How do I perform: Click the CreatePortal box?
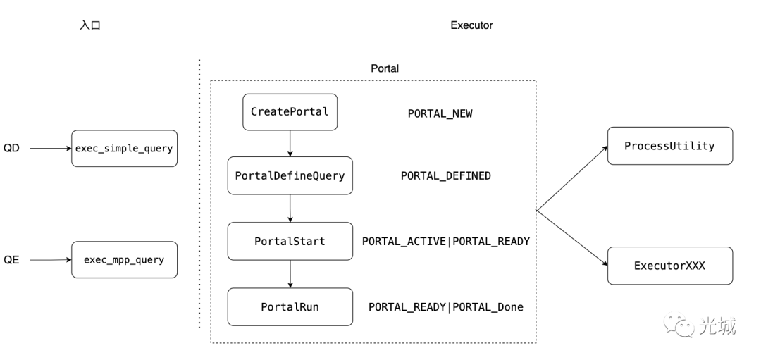(290, 112)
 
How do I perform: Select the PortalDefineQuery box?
(290, 175)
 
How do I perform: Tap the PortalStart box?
(290, 241)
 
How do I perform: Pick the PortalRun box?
(290, 306)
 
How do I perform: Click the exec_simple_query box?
(124, 149)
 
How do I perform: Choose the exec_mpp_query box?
(124, 259)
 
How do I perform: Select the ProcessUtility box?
(669, 146)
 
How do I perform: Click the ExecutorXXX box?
(669, 266)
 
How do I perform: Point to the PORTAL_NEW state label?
(440, 113)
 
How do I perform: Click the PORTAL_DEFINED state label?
(445, 175)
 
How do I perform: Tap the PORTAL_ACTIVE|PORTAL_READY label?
(445, 241)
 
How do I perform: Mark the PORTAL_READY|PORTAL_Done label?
(445, 306)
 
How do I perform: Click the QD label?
(11, 149)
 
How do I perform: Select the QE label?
(11, 260)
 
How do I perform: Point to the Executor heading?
(471, 25)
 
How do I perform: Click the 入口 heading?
(90, 25)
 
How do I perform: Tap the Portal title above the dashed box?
(385, 68)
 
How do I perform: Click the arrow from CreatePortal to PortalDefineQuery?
(290, 144)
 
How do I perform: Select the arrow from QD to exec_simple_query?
(50, 149)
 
